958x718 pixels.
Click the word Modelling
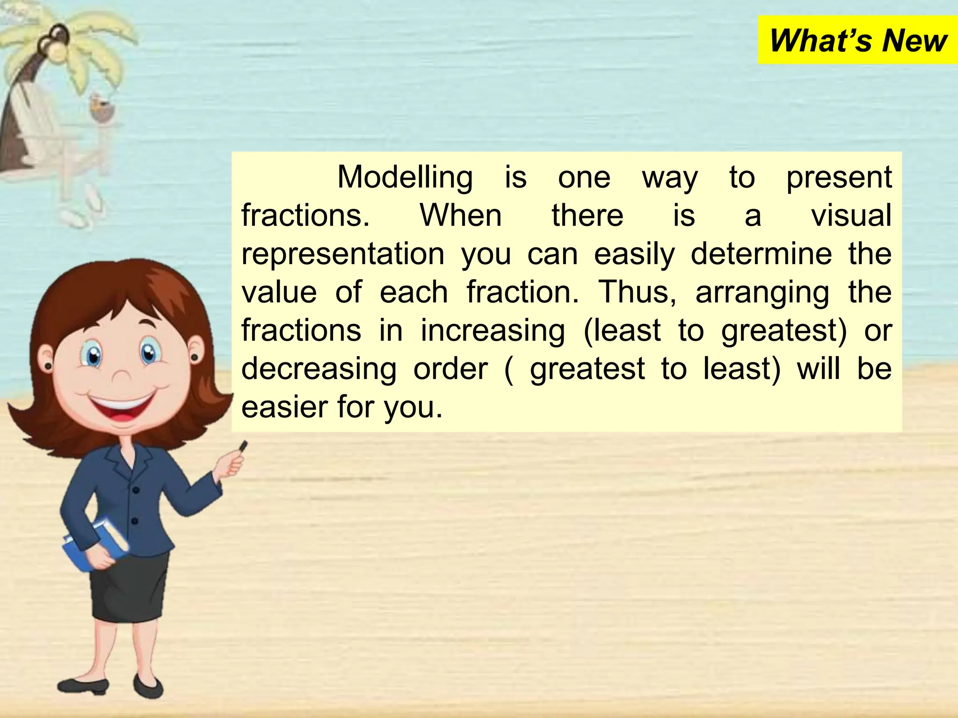[x=405, y=178]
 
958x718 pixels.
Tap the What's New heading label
[x=858, y=41]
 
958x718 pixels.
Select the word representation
[x=343, y=254]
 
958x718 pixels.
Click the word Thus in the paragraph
[x=637, y=293]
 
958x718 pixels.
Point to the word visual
[x=851, y=216]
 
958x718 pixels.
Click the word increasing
[x=493, y=331]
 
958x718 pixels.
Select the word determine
[x=761, y=254]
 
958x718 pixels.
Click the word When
[x=461, y=216]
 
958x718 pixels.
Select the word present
[x=839, y=178]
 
